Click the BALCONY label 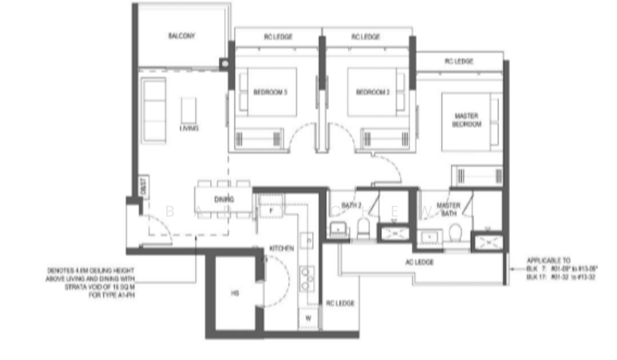pyautogui.click(x=182, y=35)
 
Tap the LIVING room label pyautogui.click(x=189, y=128)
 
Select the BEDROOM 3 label pyautogui.click(x=270, y=93)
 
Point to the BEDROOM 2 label pyautogui.click(x=373, y=93)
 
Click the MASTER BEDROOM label pyautogui.click(x=467, y=119)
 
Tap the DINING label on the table pyautogui.click(x=224, y=200)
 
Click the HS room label pyautogui.click(x=235, y=294)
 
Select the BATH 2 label pyautogui.click(x=352, y=205)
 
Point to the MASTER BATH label pyautogui.click(x=448, y=209)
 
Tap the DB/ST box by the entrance pyautogui.click(x=143, y=186)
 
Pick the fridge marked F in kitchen pyautogui.click(x=271, y=209)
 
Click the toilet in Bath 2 pyautogui.click(x=364, y=227)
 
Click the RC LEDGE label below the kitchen pyautogui.click(x=339, y=303)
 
